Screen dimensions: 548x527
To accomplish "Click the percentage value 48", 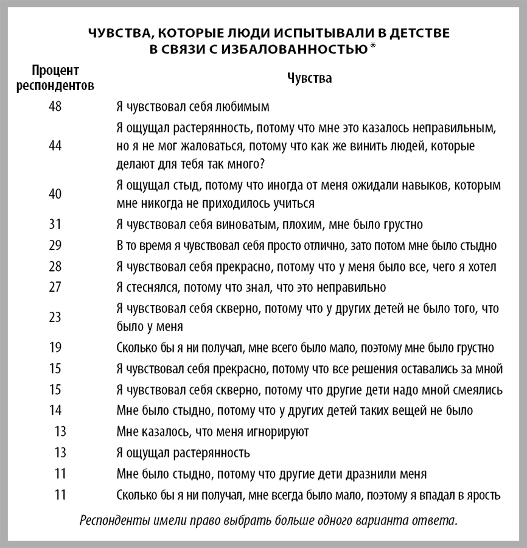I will point(55,106).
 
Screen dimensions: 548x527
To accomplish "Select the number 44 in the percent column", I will point(55,147).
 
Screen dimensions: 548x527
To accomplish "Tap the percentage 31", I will point(55,223).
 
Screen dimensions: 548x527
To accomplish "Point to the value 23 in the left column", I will point(55,316).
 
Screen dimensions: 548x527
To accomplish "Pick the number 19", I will point(55,347).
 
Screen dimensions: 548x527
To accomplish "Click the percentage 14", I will point(55,410).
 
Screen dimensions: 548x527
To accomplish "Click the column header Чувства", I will point(309,79).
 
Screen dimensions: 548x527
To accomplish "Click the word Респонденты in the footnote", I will point(114,521).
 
